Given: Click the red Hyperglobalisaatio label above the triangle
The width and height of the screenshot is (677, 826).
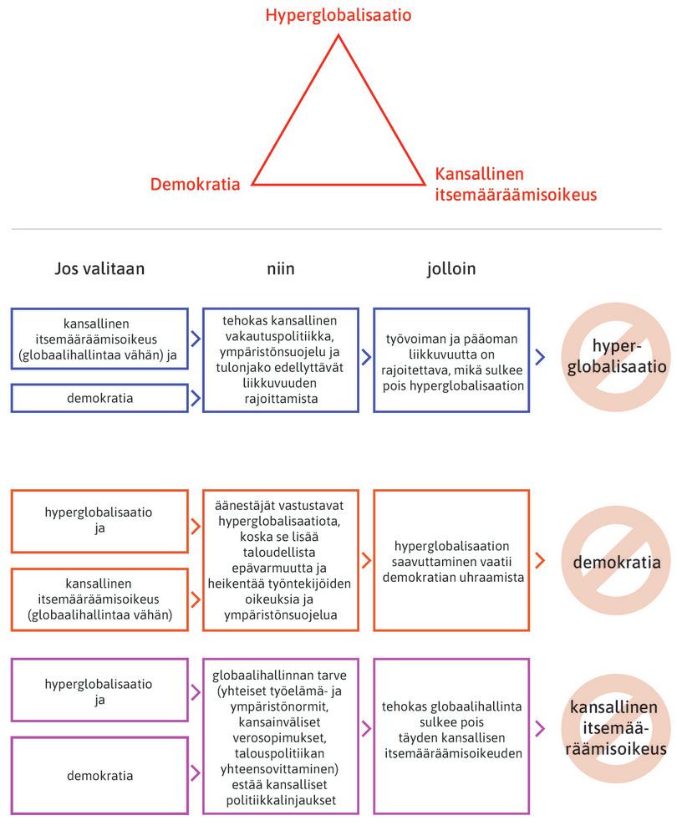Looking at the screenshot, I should coord(338,15).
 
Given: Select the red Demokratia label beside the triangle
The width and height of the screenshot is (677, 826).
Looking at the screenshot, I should coord(196,184).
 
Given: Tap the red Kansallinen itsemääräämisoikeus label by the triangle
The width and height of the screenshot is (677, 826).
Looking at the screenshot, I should coord(516,184).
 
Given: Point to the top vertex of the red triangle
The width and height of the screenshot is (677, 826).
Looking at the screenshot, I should coord(338,35).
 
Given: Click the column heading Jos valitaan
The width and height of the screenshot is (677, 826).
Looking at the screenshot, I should coord(99,268).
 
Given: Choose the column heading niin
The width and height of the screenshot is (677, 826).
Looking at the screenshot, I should coord(281,268).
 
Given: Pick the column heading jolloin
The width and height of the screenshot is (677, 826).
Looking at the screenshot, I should coord(450,268).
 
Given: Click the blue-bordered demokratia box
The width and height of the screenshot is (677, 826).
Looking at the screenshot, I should coord(99,398).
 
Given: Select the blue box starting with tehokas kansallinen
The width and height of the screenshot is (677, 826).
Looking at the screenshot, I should coord(280,359).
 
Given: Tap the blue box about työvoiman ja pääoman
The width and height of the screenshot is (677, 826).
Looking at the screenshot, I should coord(451,359).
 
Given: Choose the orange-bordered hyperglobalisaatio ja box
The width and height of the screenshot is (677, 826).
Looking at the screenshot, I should coord(99,521).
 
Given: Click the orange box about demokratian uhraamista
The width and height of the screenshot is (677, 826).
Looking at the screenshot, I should coord(451,559).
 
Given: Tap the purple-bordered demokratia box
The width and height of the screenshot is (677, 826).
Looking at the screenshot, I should coord(99,775).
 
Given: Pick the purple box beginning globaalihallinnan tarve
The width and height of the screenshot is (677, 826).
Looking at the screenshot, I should coord(280,735).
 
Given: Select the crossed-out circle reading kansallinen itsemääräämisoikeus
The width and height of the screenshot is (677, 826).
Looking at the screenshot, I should coord(616,728).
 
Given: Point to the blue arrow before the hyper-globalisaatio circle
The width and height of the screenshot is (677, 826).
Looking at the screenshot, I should coord(540,358).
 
